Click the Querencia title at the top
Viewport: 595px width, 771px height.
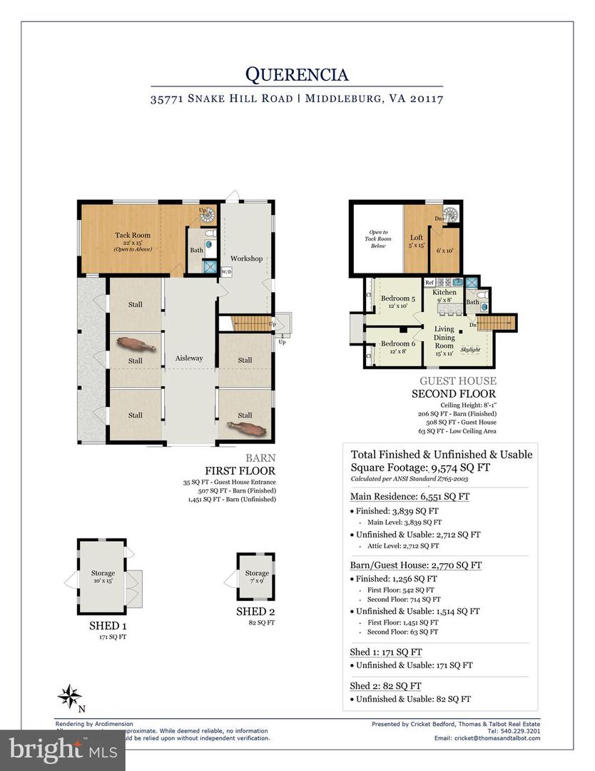tap(297, 74)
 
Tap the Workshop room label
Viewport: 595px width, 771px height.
tap(246, 258)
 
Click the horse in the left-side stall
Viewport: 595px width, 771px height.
tap(135, 345)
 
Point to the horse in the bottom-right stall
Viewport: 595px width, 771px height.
tap(244, 427)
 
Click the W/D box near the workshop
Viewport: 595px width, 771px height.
tap(226, 272)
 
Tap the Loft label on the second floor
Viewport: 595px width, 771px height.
tap(417, 238)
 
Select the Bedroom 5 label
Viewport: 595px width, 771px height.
tap(397, 298)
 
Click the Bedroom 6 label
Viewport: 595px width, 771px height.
tap(397, 343)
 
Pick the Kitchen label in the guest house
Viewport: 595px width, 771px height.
tap(444, 293)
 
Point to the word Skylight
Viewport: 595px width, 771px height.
tap(470, 350)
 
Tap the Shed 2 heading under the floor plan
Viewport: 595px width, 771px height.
tap(255, 612)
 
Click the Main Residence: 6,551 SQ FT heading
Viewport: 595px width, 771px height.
tap(410, 497)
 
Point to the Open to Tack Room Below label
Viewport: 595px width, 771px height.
tap(377, 238)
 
